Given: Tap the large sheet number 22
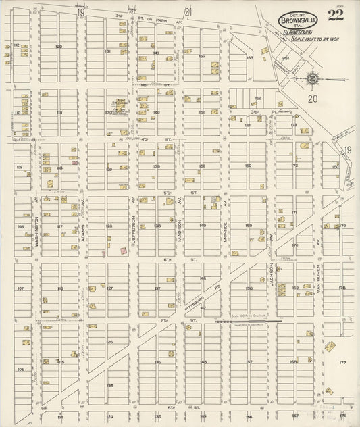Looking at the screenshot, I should pos(335,16).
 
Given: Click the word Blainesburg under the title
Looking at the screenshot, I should pos(297,30).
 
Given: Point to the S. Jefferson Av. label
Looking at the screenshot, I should pos(134,226).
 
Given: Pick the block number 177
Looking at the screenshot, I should pos(342,363).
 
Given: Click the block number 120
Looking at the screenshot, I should pos(59,47).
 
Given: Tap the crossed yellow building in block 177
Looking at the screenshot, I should pos(330,347).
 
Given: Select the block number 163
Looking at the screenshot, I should pos(249,58).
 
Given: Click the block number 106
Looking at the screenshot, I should pos(20,369).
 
